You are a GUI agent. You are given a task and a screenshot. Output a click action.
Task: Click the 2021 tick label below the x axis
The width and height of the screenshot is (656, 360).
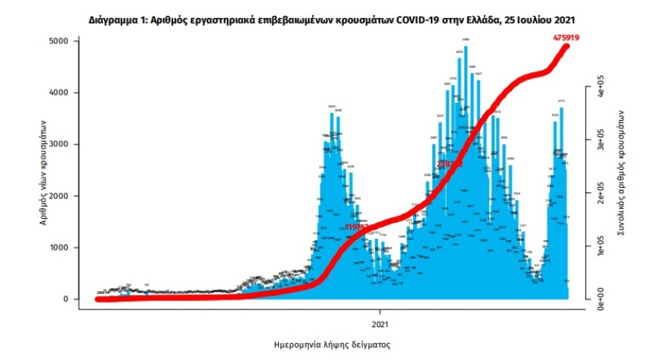coord(380,324)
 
